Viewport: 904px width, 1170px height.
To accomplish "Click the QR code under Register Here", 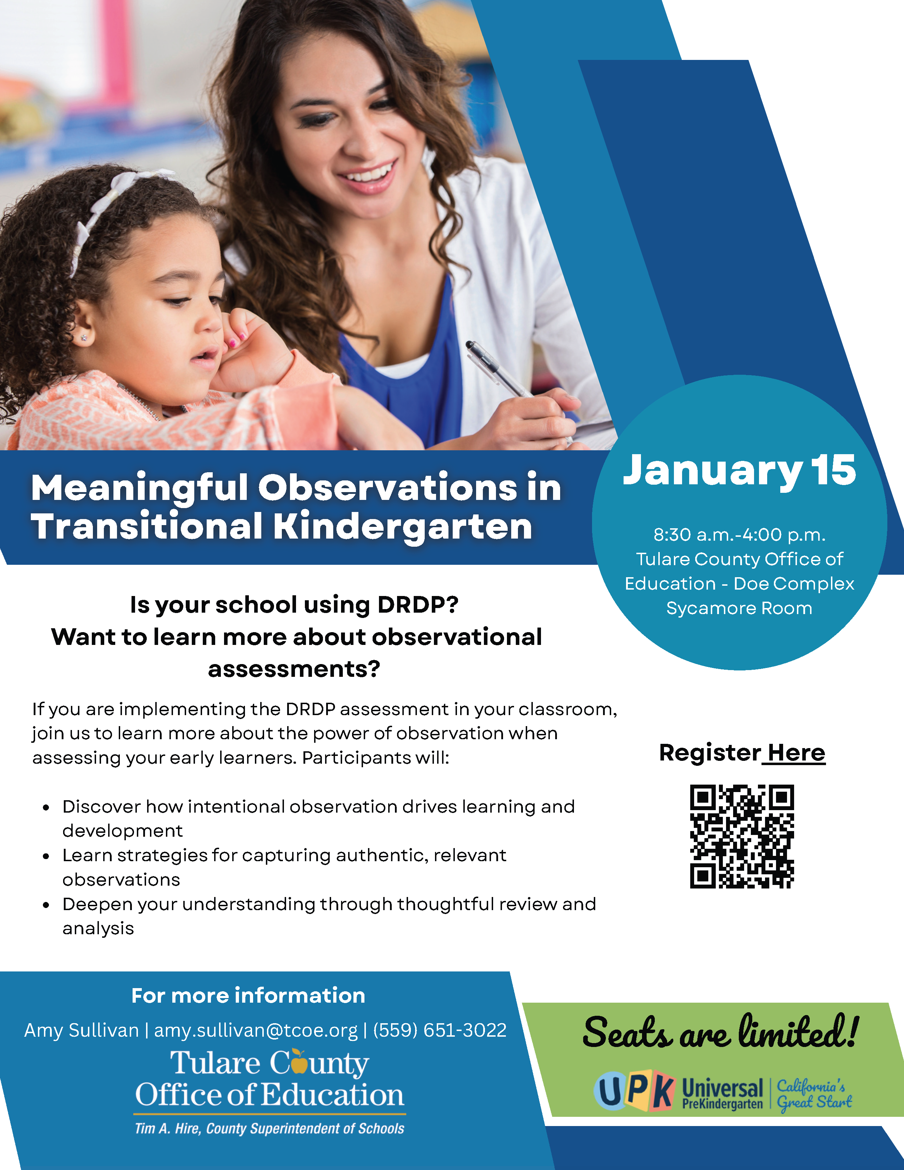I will [742, 836].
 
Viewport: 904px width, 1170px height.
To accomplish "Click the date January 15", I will [739, 470].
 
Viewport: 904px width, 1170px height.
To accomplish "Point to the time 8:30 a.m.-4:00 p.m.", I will [739, 535].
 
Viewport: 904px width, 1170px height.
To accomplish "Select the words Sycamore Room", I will [739, 608].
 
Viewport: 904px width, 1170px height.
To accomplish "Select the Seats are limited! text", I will [720, 1033].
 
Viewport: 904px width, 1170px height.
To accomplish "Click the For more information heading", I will [248, 995].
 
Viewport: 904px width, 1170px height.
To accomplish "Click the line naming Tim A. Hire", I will [269, 1129].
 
